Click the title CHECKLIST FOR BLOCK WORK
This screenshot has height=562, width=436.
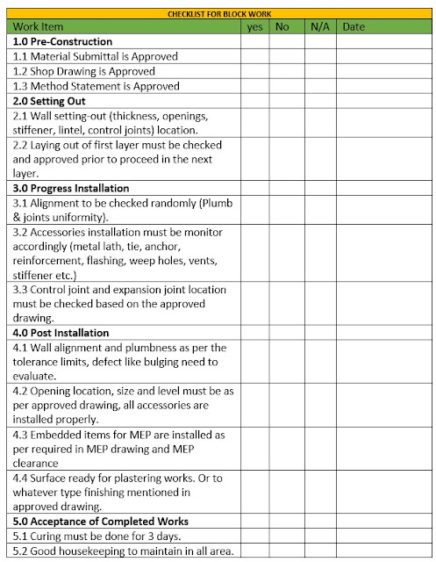coord(218,14)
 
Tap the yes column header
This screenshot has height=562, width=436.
coord(255,27)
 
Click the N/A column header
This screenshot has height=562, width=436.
coord(319,27)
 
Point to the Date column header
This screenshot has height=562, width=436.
coord(354,27)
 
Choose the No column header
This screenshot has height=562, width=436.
coord(282,27)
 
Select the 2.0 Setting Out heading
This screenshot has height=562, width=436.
coord(50,101)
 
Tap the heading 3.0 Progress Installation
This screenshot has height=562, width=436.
coord(72,188)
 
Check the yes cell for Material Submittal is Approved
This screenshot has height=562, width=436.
coord(255,56)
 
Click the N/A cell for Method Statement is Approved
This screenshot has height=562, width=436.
coord(319,86)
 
